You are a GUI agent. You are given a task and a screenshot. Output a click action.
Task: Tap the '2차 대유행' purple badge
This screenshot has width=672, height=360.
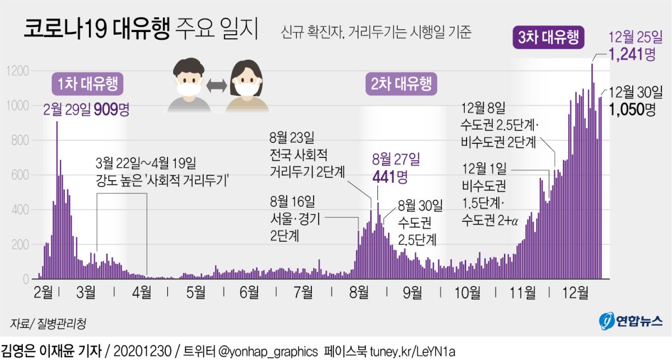click(402, 85)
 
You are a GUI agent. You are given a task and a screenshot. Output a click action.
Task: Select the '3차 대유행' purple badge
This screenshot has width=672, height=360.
click(548, 38)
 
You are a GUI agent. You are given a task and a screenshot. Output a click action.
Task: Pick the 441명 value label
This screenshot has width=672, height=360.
click(390, 178)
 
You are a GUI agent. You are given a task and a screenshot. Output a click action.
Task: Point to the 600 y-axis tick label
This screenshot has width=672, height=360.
click(18, 175)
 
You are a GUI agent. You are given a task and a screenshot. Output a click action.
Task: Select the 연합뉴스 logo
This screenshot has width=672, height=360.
click(629, 321)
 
